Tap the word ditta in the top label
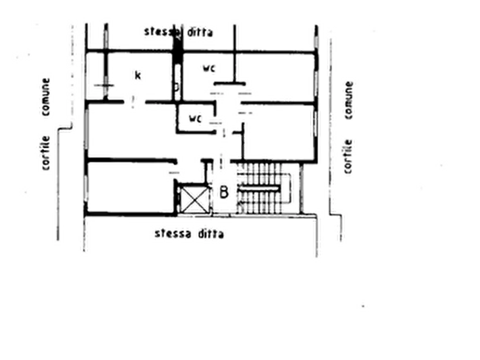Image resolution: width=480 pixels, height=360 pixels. click(x=200, y=32)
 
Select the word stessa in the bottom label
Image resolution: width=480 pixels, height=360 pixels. click(x=173, y=234)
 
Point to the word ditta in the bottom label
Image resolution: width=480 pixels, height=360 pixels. click(x=211, y=234)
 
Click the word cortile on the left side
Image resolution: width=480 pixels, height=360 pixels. click(x=46, y=153)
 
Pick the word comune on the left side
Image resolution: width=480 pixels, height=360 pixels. click(x=46, y=97)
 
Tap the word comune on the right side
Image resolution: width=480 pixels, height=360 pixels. click(x=349, y=100)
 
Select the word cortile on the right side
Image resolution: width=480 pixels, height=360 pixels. click(x=348, y=156)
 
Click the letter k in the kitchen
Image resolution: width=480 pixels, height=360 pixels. click(x=138, y=75)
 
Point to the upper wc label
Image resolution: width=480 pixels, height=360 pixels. click(x=209, y=68)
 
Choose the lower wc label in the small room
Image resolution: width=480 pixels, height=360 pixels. click(x=196, y=118)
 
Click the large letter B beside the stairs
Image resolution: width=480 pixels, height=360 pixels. click(x=224, y=192)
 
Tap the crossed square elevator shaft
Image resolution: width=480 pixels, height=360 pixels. click(x=195, y=200)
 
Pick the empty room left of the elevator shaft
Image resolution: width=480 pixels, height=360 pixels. click(x=130, y=187)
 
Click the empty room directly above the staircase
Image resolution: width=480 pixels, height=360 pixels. click(x=278, y=132)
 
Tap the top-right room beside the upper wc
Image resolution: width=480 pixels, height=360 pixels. click(x=276, y=76)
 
